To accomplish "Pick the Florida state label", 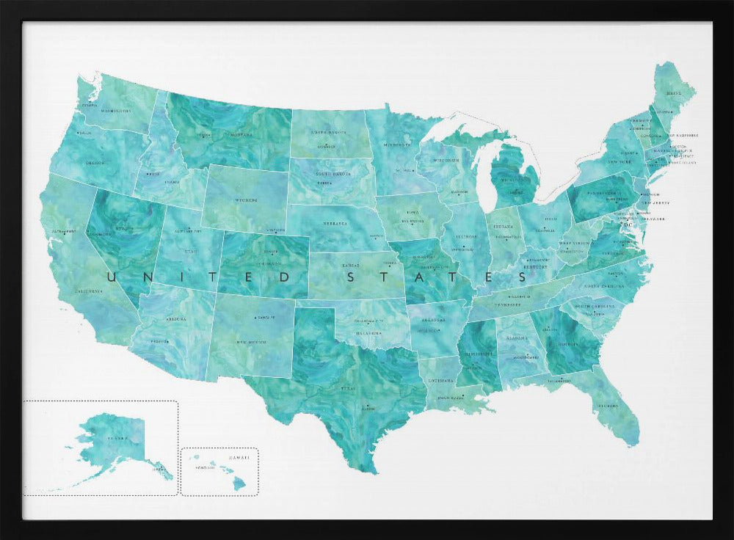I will (606, 405).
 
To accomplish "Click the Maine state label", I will (674, 94).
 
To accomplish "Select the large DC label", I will (628, 225).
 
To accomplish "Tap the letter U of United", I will (112, 277).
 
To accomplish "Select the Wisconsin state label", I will (446, 159).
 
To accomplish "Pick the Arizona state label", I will (176, 319).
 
